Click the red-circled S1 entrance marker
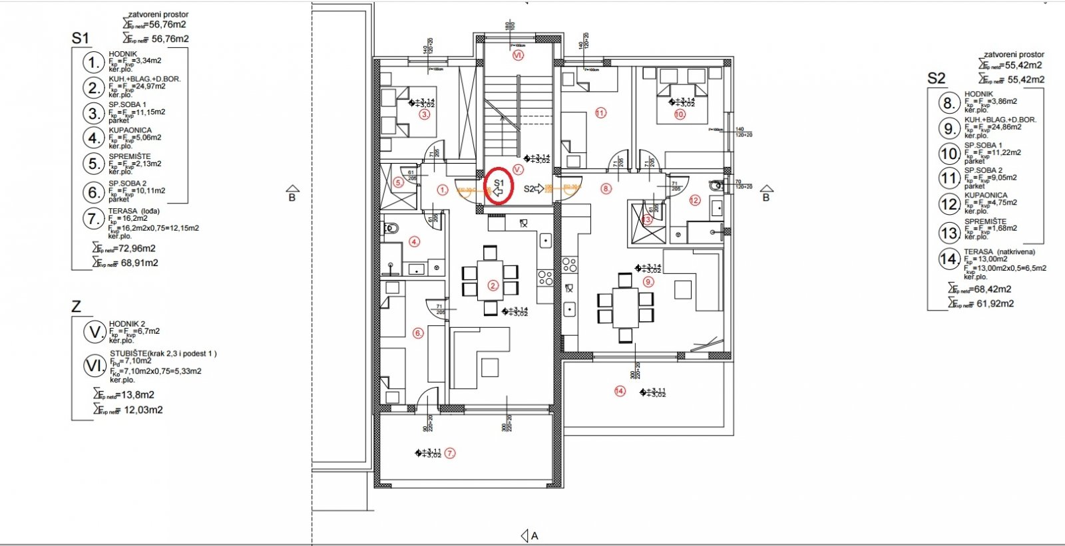point(499,187)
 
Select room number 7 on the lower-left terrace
point(450,454)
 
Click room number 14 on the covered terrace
point(620,391)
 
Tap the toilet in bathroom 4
point(390,229)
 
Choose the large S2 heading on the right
point(936,78)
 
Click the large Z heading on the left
point(76,307)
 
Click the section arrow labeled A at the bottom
point(529,535)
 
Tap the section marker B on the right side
point(766,194)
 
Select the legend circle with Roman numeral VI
point(95,366)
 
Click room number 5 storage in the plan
point(398,182)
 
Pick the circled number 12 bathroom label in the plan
point(695,200)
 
